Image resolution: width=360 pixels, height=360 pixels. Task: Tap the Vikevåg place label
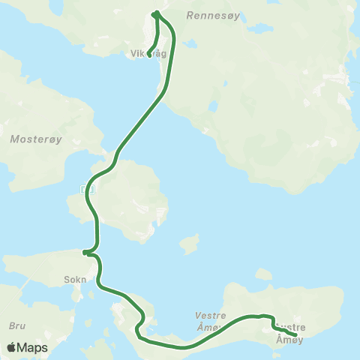coord(148,54)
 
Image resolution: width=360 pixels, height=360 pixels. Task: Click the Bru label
coord(16,325)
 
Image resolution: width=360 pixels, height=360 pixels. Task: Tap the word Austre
coord(292,327)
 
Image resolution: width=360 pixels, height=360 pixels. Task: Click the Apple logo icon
coord(11,348)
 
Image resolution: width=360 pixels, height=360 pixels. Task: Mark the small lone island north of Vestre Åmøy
coord(190,244)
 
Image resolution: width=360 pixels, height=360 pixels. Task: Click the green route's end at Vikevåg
coord(149,53)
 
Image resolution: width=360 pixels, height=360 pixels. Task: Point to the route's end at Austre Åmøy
coord(295,334)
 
